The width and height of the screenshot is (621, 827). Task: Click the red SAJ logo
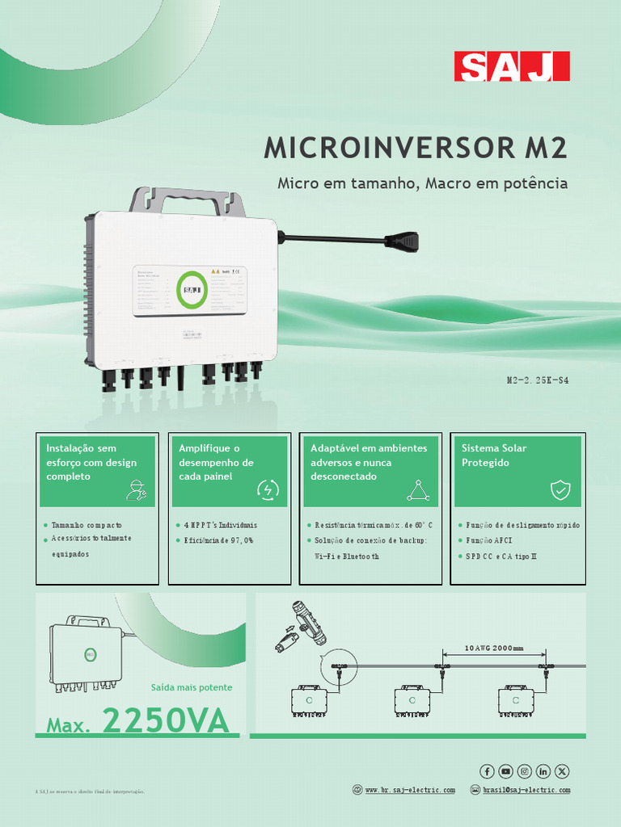(x=511, y=66)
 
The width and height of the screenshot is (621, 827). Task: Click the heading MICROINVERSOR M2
(x=416, y=148)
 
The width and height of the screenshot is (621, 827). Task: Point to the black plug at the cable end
(x=402, y=241)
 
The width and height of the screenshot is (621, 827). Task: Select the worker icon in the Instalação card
(x=136, y=489)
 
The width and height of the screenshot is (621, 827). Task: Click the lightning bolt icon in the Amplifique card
(x=268, y=489)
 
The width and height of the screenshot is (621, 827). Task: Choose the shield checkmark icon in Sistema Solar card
(x=560, y=489)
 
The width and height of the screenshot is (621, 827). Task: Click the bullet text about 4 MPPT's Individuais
(x=216, y=525)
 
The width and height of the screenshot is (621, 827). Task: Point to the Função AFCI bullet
(x=489, y=540)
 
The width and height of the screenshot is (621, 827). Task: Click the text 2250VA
(x=166, y=721)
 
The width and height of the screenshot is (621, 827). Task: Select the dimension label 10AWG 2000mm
(x=494, y=648)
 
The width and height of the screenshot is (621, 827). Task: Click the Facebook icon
(x=488, y=771)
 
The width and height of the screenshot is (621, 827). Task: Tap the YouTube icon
(x=506, y=771)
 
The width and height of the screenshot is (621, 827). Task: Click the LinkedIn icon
(x=543, y=771)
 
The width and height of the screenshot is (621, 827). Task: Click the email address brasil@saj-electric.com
(x=526, y=790)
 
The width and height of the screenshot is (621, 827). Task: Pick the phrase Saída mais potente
(x=192, y=687)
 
